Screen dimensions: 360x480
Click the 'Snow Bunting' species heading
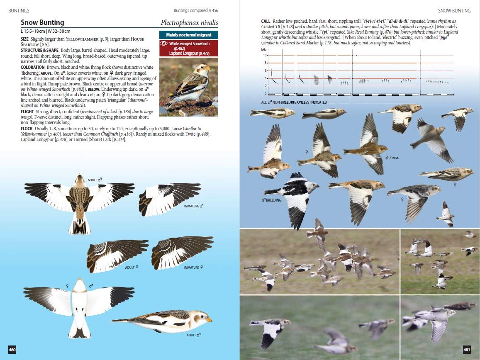point(42,22)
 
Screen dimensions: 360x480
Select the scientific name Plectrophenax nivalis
point(189,22)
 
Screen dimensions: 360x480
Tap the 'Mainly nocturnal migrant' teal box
point(189,35)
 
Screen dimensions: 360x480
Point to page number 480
point(12,350)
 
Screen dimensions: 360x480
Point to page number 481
point(467,350)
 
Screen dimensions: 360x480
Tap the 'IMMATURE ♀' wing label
point(194,268)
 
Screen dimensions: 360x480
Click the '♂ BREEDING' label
point(272,200)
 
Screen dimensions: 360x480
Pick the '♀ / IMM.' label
point(392,158)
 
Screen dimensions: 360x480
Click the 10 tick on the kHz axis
point(264,55)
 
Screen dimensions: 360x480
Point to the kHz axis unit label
point(264,49)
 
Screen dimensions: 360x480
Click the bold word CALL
point(266,21)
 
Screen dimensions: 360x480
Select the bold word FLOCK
point(27,129)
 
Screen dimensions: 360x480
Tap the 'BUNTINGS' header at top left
point(19,10)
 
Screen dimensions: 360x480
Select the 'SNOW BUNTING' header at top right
point(454,10)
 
